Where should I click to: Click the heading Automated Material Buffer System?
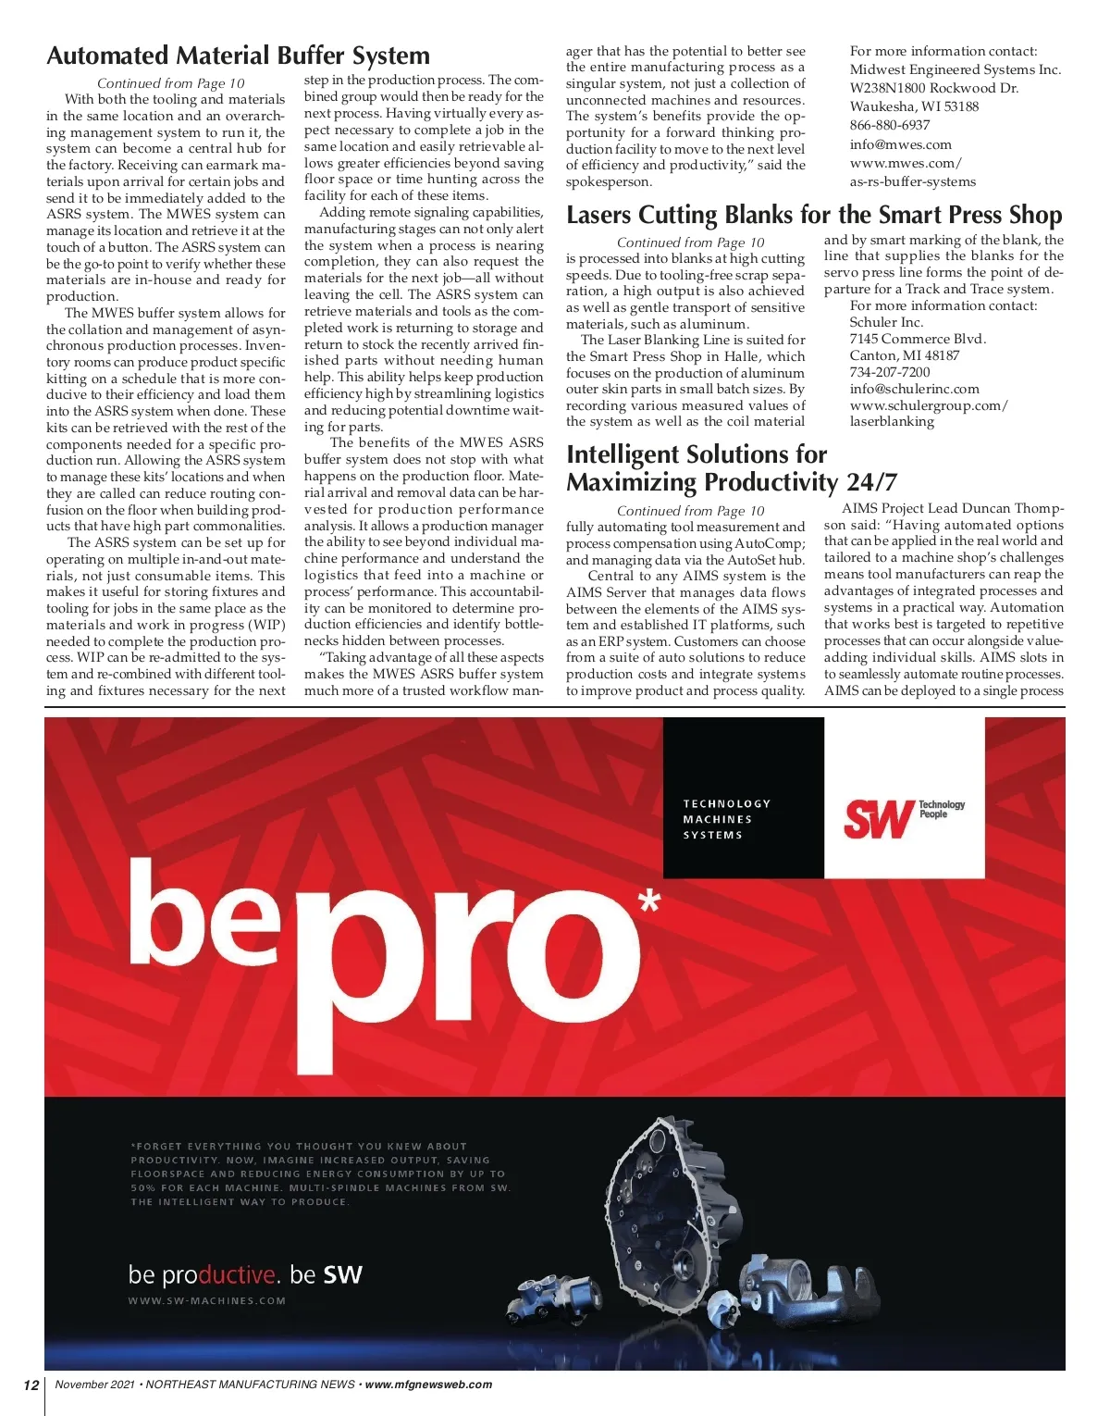[x=238, y=56]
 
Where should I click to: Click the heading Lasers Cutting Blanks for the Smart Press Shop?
[x=814, y=216]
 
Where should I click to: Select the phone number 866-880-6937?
[x=890, y=125]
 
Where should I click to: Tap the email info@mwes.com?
[x=900, y=144]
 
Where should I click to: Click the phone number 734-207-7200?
[x=890, y=372]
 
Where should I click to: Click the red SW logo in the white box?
[x=878, y=818]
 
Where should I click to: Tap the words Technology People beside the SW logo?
[x=942, y=809]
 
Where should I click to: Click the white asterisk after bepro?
[x=650, y=901]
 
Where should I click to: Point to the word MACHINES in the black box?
[x=717, y=819]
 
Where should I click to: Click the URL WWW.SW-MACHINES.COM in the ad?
[x=207, y=1300]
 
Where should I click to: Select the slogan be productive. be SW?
[x=245, y=1274]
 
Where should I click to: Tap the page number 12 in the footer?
[x=31, y=1385]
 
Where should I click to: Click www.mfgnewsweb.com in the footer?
[x=428, y=1385]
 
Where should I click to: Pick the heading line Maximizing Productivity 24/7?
[x=731, y=482]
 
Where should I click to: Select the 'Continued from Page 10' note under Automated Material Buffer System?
[x=171, y=83]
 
